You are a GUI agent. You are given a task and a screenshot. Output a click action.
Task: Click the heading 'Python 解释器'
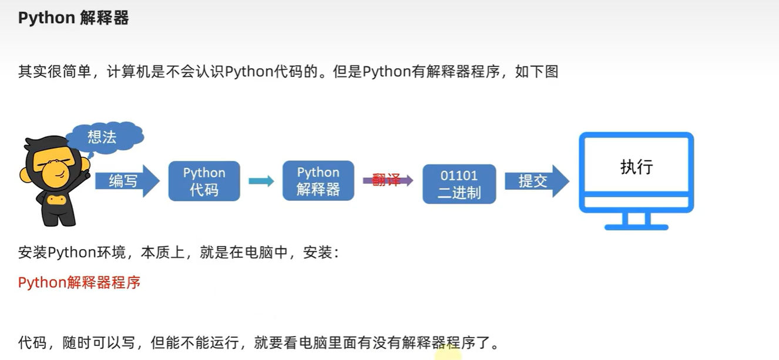tap(73, 18)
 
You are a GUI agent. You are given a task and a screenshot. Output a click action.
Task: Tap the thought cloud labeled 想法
tap(103, 137)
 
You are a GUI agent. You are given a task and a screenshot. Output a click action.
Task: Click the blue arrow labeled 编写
tap(125, 181)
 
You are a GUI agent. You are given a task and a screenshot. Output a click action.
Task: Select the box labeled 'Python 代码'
tap(204, 181)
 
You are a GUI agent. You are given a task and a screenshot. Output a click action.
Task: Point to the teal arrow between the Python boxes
tap(261, 181)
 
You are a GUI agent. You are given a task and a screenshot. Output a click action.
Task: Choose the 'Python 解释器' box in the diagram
tap(318, 181)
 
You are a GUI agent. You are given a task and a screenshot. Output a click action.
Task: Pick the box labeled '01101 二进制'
tap(459, 184)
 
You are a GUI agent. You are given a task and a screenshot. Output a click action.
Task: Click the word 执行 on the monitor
tap(636, 167)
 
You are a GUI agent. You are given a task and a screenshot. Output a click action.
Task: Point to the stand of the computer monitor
tap(636, 221)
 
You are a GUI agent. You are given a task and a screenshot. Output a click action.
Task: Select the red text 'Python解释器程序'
tap(79, 282)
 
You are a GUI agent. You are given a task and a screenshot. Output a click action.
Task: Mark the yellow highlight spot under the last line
tap(448, 353)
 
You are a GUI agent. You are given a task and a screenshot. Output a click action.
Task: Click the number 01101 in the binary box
tap(459, 176)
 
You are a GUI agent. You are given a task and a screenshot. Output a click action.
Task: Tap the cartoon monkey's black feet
tap(59, 220)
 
